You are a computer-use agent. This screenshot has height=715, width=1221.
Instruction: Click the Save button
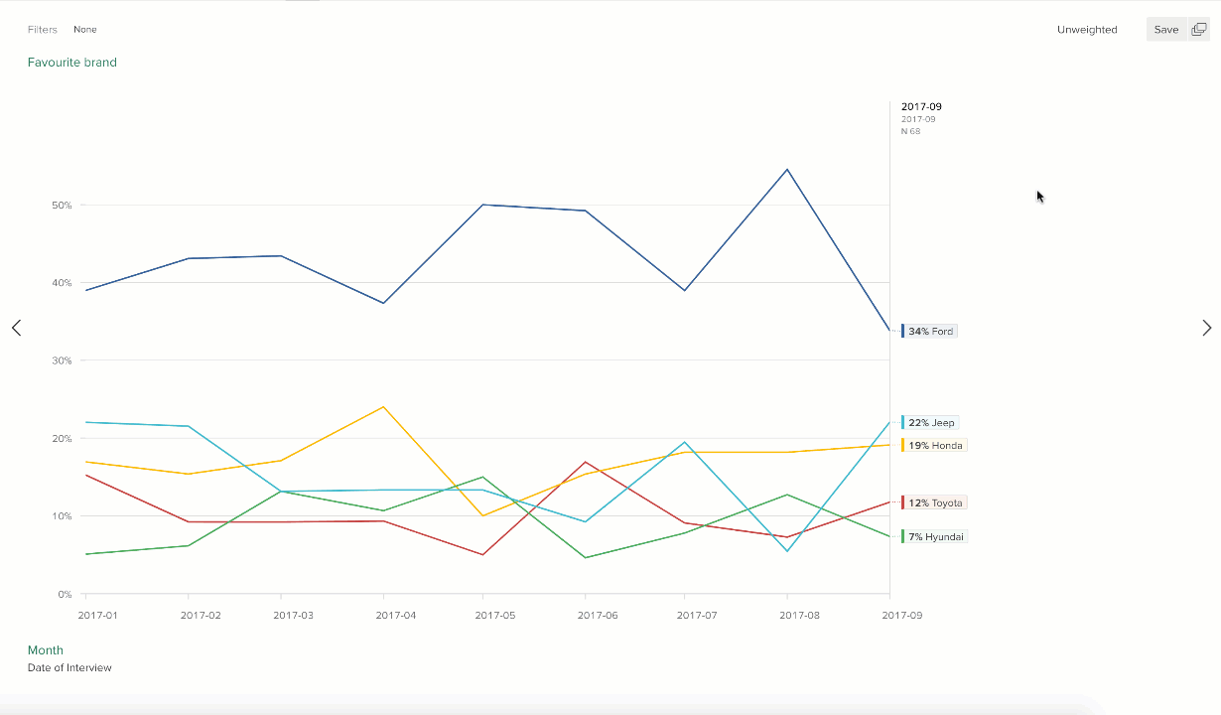pyautogui.click(x=1165, y=30)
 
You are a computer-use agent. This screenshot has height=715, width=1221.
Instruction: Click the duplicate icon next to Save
pyautogui.click(x=1198, y=30)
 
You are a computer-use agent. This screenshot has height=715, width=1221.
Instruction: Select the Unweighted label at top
pyautogui.click(x=1087, y=30)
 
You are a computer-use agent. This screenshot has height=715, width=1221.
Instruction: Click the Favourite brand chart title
pyautogui.click(x=72, y=63)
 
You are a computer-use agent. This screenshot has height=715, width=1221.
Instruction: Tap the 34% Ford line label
pyautogui.click(x=931, y=331)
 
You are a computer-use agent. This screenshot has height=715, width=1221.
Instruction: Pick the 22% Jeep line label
pyautogui.click(x=931, y=422)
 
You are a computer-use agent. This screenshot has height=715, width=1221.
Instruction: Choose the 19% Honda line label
pyautogui.click(x=934, y=445)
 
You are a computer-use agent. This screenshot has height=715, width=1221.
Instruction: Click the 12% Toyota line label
pyautogui.click(x=934, y=502)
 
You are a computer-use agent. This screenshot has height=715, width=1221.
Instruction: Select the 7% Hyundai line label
pyautogui.click(x=935, y=536)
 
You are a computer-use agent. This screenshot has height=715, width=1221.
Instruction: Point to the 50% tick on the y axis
pyautogui.click(x=62, y=206)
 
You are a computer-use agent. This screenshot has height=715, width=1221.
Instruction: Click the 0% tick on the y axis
pyautogui.click(x=65, y=594)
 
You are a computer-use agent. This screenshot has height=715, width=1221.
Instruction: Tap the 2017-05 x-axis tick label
pyautogui.click(x=495, y=616)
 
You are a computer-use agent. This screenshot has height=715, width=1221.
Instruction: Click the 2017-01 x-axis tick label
pyautogui.click(x=97, y=616)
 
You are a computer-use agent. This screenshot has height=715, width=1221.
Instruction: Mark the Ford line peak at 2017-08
pyautogui.click(x=787, y=169)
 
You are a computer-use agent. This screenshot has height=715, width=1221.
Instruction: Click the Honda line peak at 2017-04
pyautogui.click(x=383, y=406)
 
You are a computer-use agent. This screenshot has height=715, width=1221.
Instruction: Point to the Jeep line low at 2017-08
pyautogui.click(x=787, y=551)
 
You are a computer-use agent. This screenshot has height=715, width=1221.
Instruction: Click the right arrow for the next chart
pyautogui.click(x=1206, y=328)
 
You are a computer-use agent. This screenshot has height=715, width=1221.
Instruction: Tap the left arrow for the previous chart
pyautogui.click(x=16, y=328)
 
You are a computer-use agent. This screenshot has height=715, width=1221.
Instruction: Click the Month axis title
pyautogui.click(x=46, y=650)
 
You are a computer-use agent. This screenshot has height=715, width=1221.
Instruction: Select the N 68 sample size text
pyautogui.click(x=910, y=131)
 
